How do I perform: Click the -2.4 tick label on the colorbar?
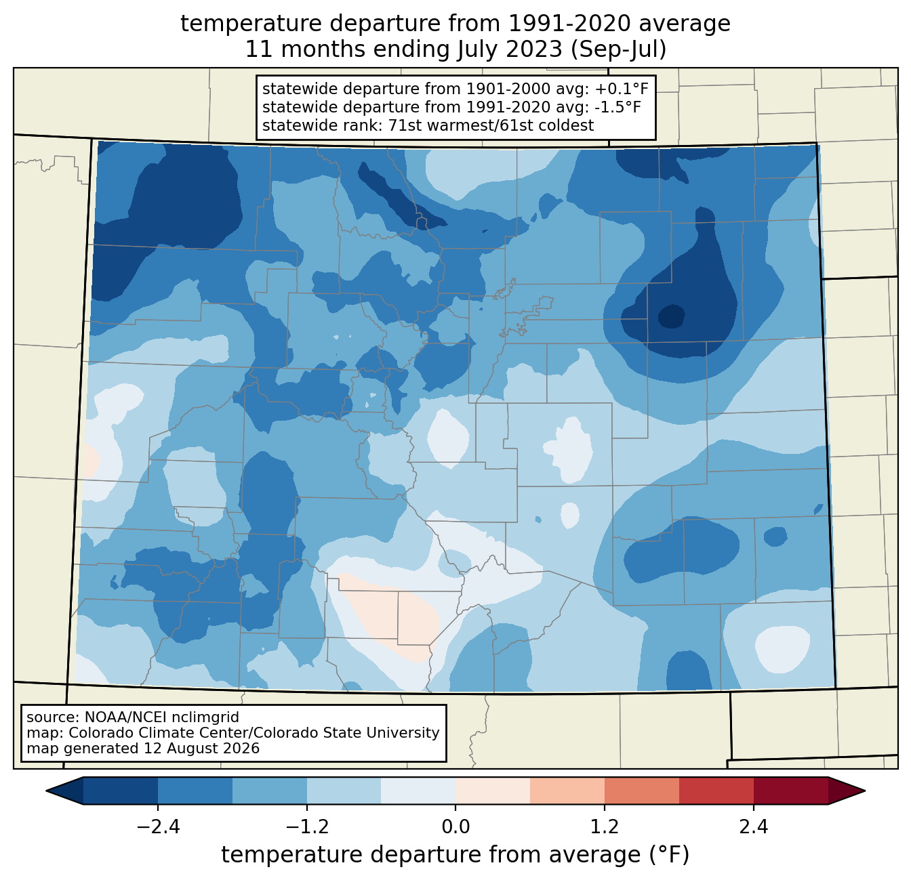tap(158, 827)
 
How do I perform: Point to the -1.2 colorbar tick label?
tap(307, 827)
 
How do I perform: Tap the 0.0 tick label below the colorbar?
tap(455, 827)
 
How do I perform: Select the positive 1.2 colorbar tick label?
tap(605, 827)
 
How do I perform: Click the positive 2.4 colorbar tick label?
tap(754, 827)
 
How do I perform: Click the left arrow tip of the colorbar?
tap(46, 791)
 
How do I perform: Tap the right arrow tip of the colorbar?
tap(865, 791)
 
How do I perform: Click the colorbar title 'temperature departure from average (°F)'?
tap(455, 855)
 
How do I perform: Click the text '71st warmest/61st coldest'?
tap(491, 125)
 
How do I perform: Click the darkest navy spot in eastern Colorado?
tap(671, 316)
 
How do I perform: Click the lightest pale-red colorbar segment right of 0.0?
tap(493, 791)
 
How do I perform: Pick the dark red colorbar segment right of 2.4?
tap(791, 791)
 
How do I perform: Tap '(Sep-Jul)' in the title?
tap(618, 49)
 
